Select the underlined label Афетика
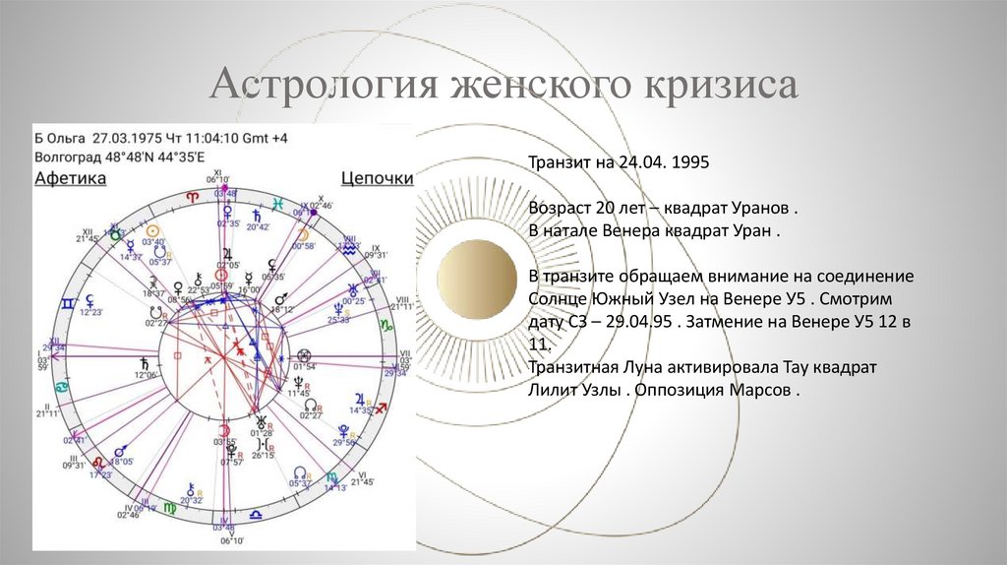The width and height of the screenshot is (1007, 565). point(71,178)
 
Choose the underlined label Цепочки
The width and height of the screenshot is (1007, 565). point(377,178)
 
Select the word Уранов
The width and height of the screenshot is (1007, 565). point(759,211)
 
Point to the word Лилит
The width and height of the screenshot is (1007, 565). point(552,389)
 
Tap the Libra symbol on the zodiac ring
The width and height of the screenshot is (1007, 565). point(256,513)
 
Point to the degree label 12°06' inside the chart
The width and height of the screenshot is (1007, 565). point(146,375)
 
